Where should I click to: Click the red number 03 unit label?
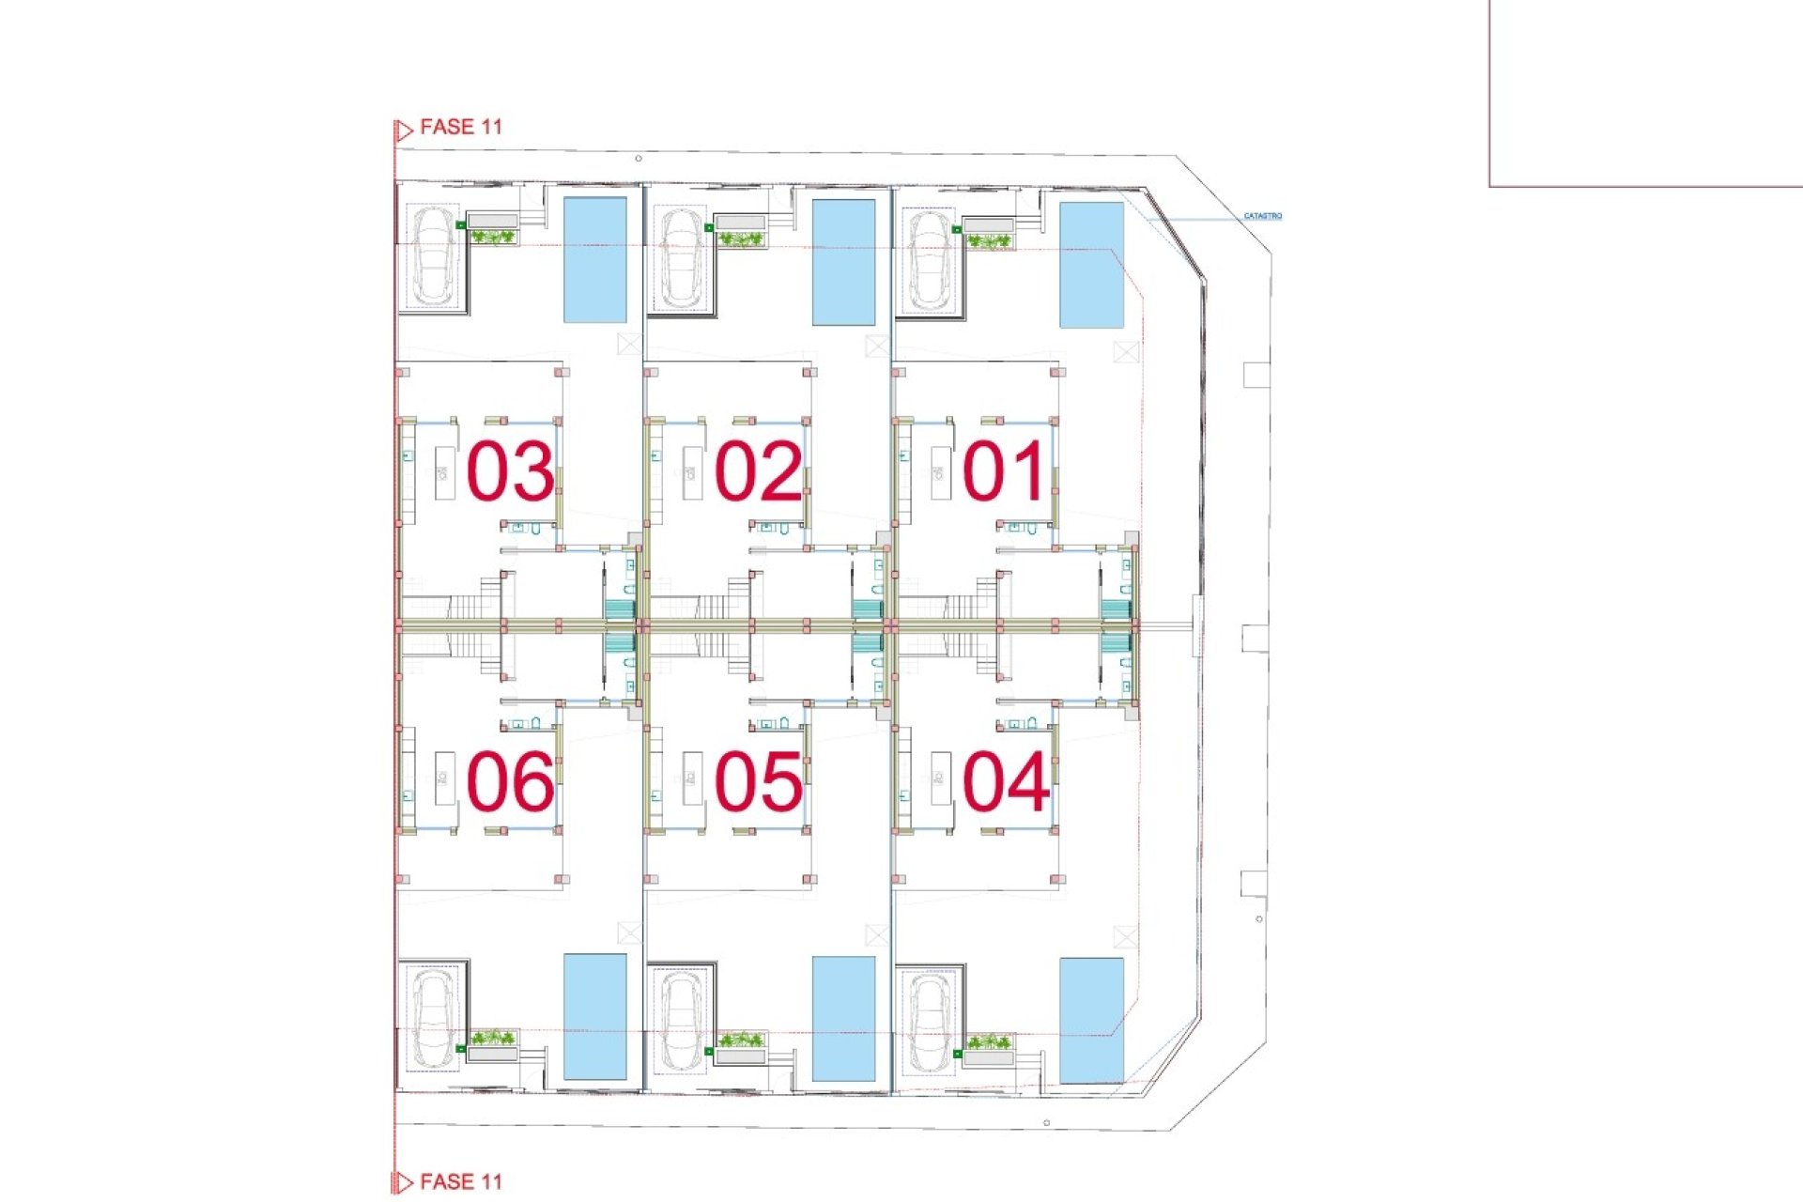pyautogui.click(x=510, y=470)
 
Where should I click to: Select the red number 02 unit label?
pyautogui.click(x=759, y=470)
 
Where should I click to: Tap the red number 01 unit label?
pyautogui.click(x=1004, y=470)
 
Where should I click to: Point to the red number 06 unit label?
pyautogui.click(x=510, y=781)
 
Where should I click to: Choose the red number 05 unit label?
pyautogui.click(x=759, y=781)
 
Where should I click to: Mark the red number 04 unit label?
pyautogui.click(x=1005, y=781)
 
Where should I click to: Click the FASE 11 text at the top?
pyautogui.click(x=460, y=127)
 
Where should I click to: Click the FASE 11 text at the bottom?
pyautogui.click(x=460, y=1181)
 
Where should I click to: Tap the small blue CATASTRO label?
pyautogui.click(x=1262, y=216)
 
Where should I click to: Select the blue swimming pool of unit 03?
pyautogui.click(x=594, y=260)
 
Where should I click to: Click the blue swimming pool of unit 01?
pyautogui.click(x=1091, y=265)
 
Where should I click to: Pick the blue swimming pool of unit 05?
pyautogui.click(x=843, y=1018)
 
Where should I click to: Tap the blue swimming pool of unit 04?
pyautogui.click(x=1091, y=1020)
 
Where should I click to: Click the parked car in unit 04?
pyautogui.click(x=930, y=1023)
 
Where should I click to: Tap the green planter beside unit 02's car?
pyautogui.click(x=741, y=239)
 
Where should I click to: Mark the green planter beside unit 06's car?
pyautogui.click(x=492, y=1039)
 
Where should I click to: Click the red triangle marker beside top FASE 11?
pyautogui.click(x=404, y=131)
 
